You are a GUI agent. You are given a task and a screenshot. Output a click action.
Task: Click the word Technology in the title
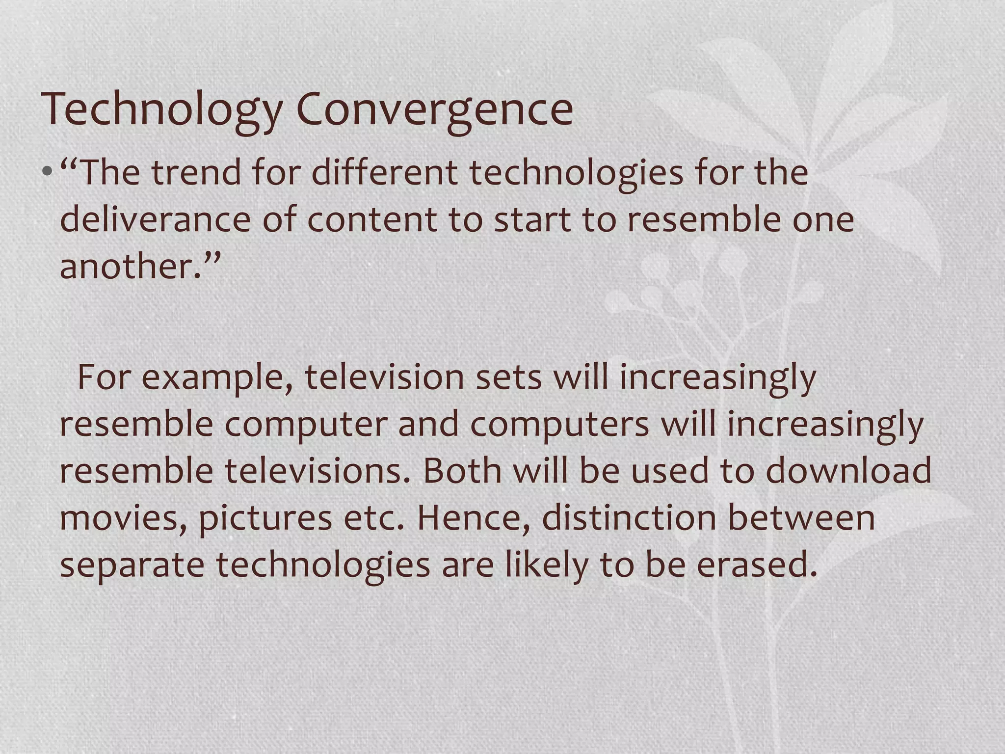point(162,109)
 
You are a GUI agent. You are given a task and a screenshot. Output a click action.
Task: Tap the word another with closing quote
point(140,266)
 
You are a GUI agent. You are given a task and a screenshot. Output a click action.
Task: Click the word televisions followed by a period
point(317,470)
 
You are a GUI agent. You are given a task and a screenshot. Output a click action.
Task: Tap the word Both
point(462,470)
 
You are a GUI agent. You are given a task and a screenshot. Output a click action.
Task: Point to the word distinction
point(629,517)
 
